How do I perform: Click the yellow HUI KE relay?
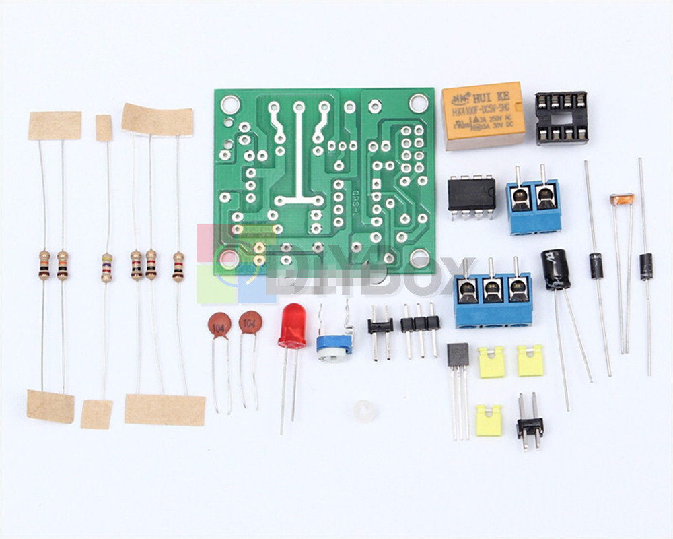pyautogui.click(x=483, y=115)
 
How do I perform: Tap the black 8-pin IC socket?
pyautogui.click(x=561, y=118)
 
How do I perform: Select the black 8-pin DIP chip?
pyautogui.click(x=472, y=193)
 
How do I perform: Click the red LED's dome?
pyautogui.click(x=292, y=324)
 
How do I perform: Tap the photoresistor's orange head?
pyautogui.click(x=622, y=199)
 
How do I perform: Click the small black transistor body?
pyautogui.click(x=458, y=354)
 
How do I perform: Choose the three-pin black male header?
pyautogui.click(x=421, y=324)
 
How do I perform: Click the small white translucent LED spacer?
pyautogui.click(x=364, y=411)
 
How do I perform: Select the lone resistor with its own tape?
pyautogui.click(x=106, y=267)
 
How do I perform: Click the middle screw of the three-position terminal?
pyautogui.click(x=493, y=291)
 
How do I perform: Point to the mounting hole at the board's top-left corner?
pyautogui.click(x=230, y=104)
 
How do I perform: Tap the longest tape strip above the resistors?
pyautogui.click(x=157, y=121)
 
